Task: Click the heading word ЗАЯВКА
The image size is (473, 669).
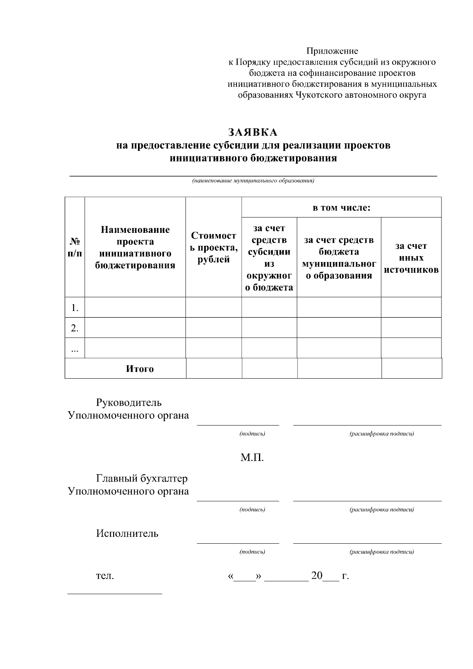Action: [x=253, y=132]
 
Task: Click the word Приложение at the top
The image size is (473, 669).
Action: [x=332, y=51]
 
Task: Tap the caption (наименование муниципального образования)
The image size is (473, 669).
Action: [x=253, y=181]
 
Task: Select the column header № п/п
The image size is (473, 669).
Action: [x=74, y=247]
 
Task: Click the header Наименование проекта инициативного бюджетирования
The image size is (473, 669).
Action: [x=135, y=247]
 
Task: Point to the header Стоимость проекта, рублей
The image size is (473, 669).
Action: [x=214, y=247]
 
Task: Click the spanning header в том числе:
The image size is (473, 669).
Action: [x=341, y=208]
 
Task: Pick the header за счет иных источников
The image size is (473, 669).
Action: [x=411, y=258]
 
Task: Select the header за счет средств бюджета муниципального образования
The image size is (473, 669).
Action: [x=339, y=258]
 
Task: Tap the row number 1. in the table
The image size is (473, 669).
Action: [x=75, y=308]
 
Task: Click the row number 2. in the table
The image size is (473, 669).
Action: [x=75, y=328]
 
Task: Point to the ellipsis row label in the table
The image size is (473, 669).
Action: [x=75, y=348]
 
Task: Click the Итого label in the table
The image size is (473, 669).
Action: [x=140, y=369]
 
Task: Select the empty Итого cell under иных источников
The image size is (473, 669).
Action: [x=412, y=368]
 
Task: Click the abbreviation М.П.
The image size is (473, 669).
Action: [x=252, y=458]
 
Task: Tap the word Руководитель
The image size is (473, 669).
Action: [x=129, y=403]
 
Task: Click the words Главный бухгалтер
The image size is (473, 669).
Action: [x=142, y=478]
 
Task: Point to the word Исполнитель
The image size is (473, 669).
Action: [x=127, y=533]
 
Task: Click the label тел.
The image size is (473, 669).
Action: [x=105, y=576]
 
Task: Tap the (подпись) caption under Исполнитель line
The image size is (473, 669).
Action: [x=252, y=552]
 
